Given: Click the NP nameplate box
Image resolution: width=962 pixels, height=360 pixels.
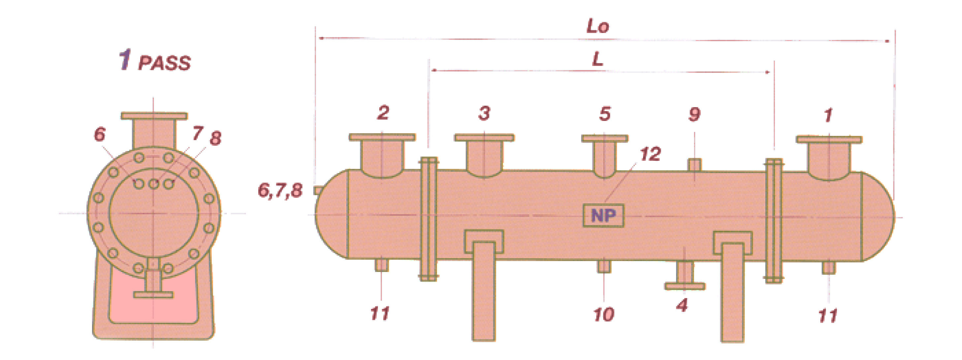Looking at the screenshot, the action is (604, 216).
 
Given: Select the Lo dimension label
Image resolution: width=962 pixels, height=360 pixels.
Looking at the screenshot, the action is (598, 26).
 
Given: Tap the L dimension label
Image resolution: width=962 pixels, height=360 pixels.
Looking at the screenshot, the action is (598, 59).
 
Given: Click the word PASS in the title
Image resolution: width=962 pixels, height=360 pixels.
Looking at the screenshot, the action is (164, 63).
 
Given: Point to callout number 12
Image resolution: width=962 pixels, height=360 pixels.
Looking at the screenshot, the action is (650, 154).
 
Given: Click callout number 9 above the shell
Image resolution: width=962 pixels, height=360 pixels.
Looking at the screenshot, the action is (694, 114).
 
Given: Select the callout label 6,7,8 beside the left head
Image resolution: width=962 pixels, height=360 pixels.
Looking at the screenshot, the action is (280, 191).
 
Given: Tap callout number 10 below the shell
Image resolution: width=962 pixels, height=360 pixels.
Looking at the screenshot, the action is (604, 315).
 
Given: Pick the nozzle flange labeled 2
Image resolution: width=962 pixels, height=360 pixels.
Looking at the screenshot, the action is (382, 137).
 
